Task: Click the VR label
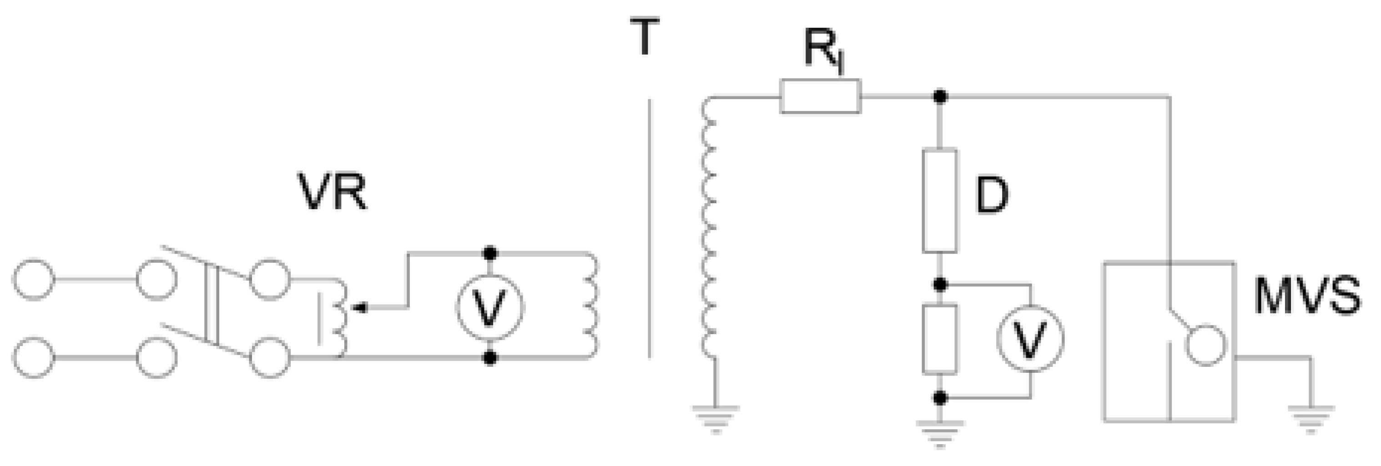[x=333, y=192]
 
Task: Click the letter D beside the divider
[x=992, y=196]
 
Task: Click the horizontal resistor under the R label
[x=820, y=96]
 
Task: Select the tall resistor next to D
[x=939, y=201]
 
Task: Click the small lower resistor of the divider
[x=939, y=339]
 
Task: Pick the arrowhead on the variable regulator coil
[x=363, y=307]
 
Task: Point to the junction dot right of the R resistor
[x=939, y=96]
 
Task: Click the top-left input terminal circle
[x=33, y=279]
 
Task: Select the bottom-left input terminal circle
[x=33, y=358]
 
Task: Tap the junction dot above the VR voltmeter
[x=489, y=253]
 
